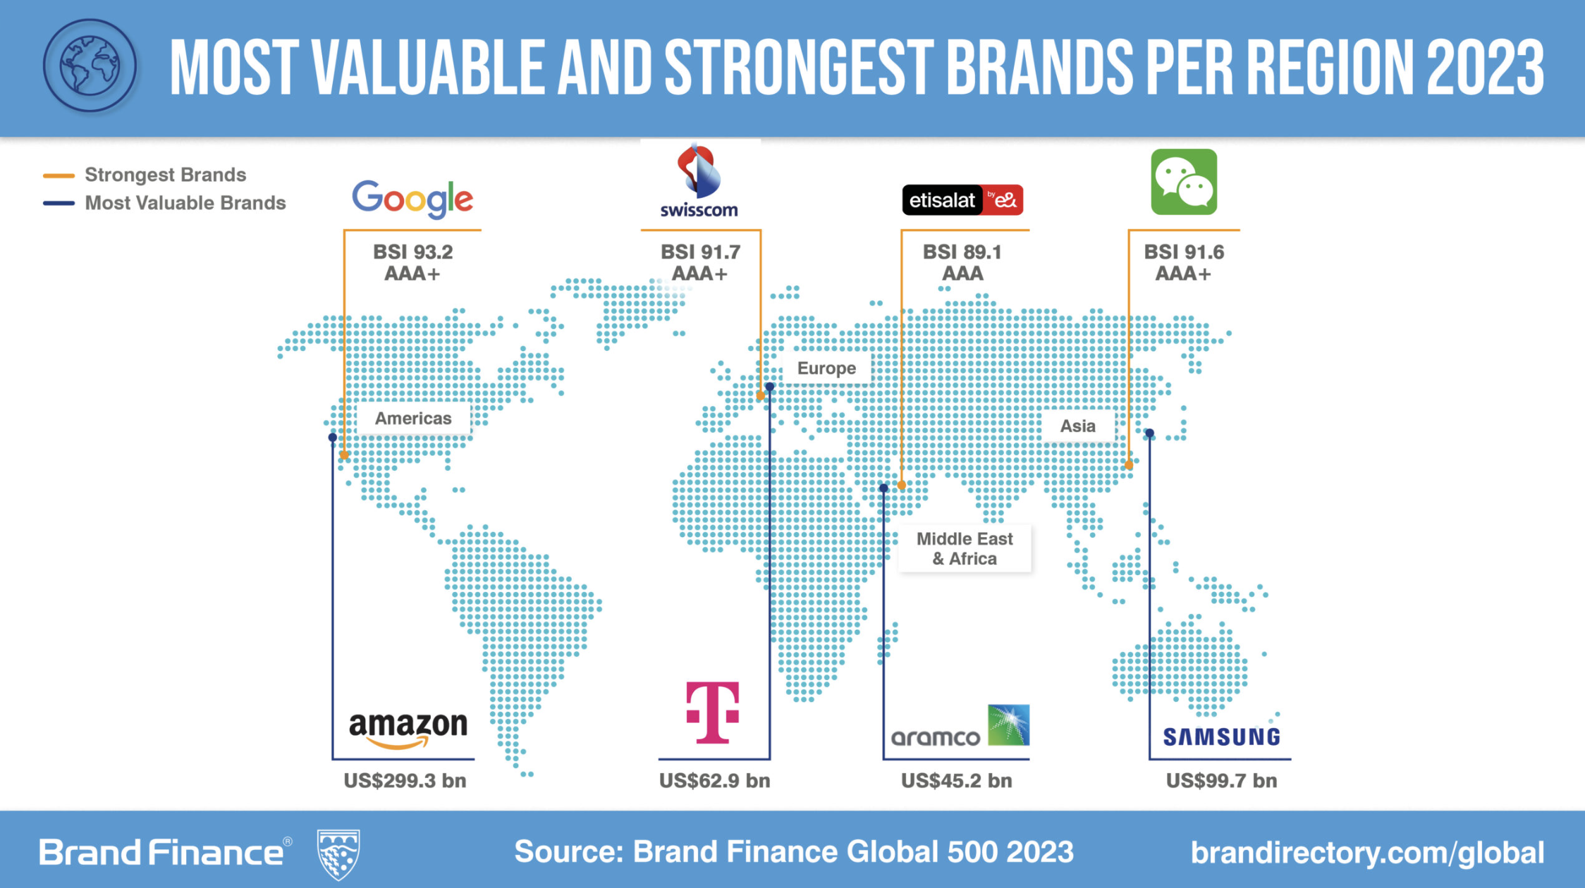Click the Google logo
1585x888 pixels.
[x=412, y=199]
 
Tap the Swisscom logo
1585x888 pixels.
[x=699, y=180]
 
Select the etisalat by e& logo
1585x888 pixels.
[x=962, y=200]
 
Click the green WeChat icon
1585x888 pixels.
[x=1184, y=182]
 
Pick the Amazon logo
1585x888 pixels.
[x=408, y=729]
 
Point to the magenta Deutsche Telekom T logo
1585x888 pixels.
[x=713, y=713]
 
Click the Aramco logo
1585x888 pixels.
[x=960, y=725]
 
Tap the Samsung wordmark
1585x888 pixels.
[x=1221, y=736]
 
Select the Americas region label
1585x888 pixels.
[x=413, y=418]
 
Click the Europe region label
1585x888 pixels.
[x=826, y=368]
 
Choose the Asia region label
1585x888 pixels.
[x=1078, y=426]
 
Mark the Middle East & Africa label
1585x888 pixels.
[x=965, y=548]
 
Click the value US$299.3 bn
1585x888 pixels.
[x=405, y=781]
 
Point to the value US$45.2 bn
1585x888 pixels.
[x=956, y=781]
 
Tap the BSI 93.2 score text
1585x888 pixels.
[x=412, y=252]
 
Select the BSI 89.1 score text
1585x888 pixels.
[x=962, y=252]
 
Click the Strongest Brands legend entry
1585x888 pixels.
[x=145, y=175]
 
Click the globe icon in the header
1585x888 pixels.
[x=90, y=66]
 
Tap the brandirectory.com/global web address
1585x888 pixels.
[x=1367, y=853]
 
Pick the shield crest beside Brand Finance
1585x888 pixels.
[x=338, y=854]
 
